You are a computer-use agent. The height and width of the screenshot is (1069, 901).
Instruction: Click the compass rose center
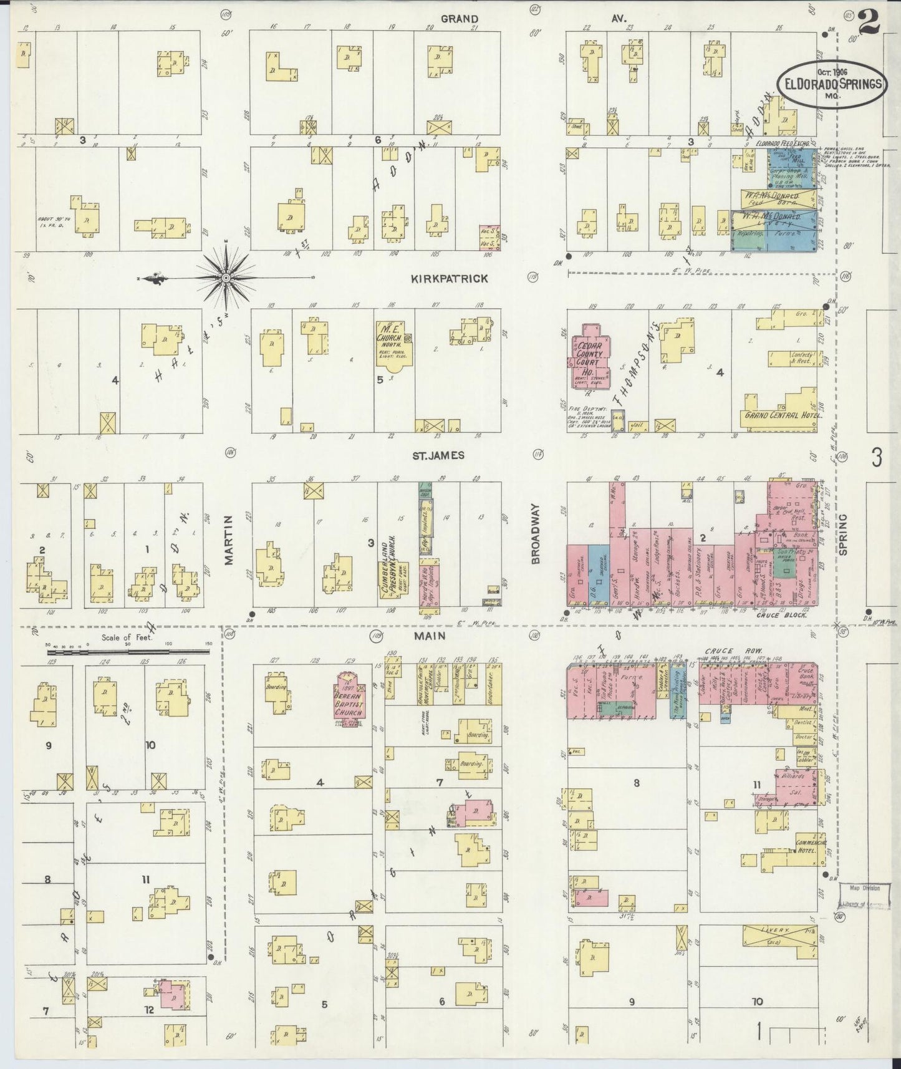[225, 276]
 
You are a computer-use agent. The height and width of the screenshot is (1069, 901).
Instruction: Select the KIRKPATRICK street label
[449, 279]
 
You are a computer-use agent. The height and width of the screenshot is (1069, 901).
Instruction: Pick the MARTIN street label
[229, 540]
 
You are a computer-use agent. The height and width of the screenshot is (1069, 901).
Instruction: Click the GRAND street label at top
[460, 19]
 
